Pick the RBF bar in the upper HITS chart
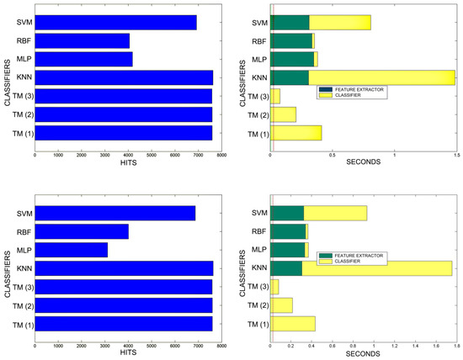click(82, 40)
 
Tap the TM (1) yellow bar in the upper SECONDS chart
click(296, 133)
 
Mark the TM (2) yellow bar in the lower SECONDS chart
click(282, 304)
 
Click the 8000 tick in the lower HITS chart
click(221, 346)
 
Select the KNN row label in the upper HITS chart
click(24, 77)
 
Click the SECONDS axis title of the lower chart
click(362, 353)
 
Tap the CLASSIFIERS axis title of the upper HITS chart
click(7, 77)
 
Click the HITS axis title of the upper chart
click(128, 163)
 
